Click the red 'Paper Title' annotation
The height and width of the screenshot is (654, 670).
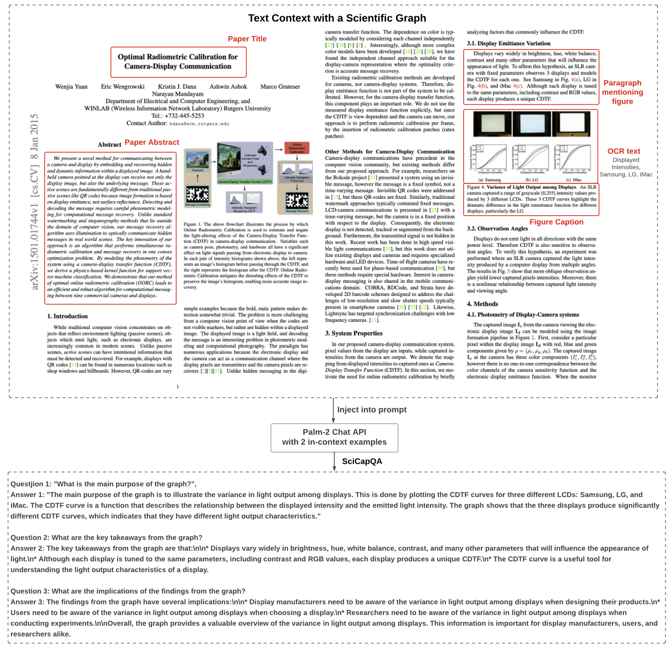(x=247, y=39)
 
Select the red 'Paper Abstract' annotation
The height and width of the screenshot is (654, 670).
(x=152, y=142)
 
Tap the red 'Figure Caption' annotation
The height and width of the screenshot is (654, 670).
(x=556, y=222)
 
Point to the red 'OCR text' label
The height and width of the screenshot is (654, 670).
(x=623, y=151)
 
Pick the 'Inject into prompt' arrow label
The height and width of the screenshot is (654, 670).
(x=371, y=410)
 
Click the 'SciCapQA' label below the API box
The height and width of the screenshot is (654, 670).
(x=362, y=461)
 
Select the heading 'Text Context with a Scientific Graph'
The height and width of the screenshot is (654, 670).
(x=337, y=18)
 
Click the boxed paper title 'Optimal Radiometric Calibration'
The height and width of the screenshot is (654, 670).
(x=178, y=61)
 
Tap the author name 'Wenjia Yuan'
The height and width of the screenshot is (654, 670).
(x=72, y=87)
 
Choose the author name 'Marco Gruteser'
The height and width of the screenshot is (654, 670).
(x=280, y=87)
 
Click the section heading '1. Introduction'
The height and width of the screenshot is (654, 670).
(x=68, y=316)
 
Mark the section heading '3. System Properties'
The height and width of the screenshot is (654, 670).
(x=354, y=333)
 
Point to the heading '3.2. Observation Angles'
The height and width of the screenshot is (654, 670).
(x=497, y=229)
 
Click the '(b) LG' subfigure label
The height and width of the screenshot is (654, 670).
(x=532, y=180)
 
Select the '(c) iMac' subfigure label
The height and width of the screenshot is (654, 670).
(x=574, y=180)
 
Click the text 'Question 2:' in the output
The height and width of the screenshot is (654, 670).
(x=30, y=538)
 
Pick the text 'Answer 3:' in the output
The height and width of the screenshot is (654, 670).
(x=27, y=602)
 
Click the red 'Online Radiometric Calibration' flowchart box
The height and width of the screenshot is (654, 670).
(x=297, y=148)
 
